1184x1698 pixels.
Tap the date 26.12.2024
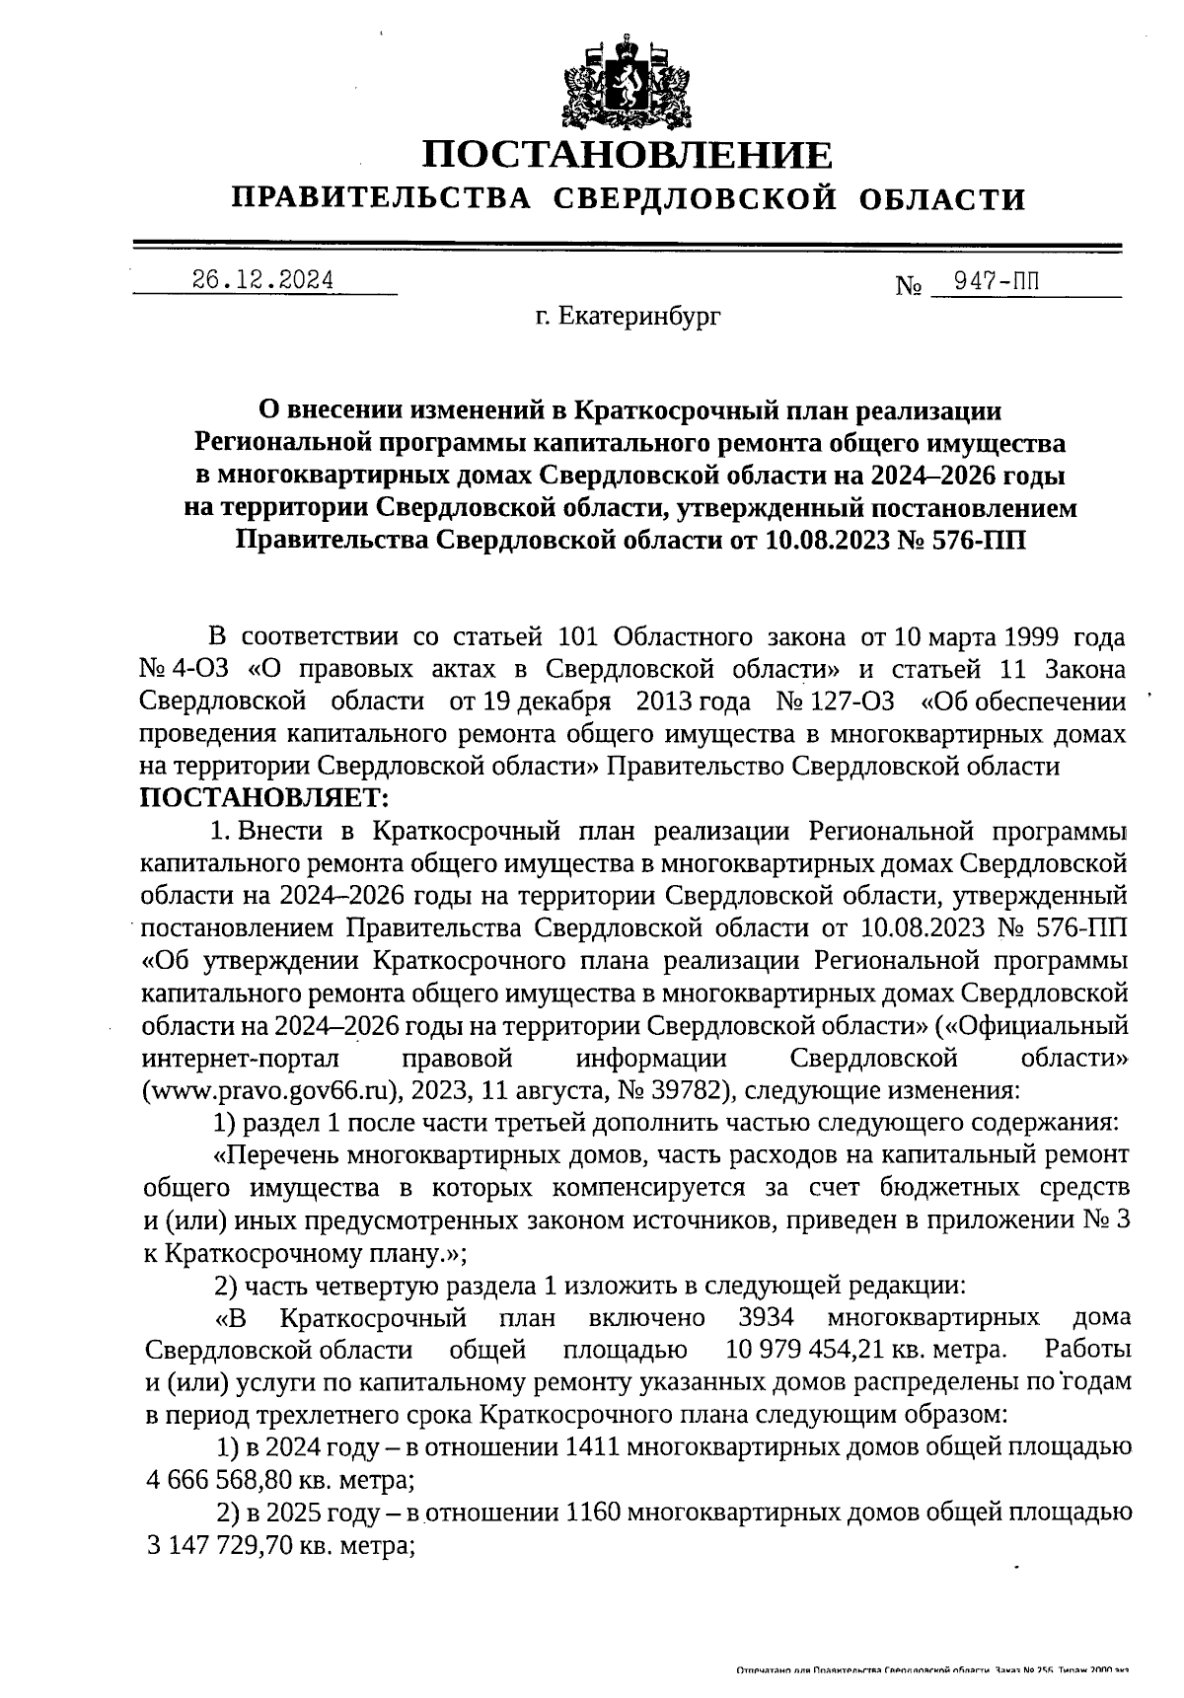[x=262, y=280]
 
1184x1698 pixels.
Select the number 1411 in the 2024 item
[x=592, y=1448]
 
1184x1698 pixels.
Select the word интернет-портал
[x=241, y=1059]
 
